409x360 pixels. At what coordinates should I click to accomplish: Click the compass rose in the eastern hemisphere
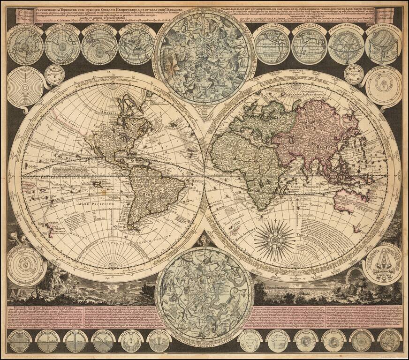click(275, 240)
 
